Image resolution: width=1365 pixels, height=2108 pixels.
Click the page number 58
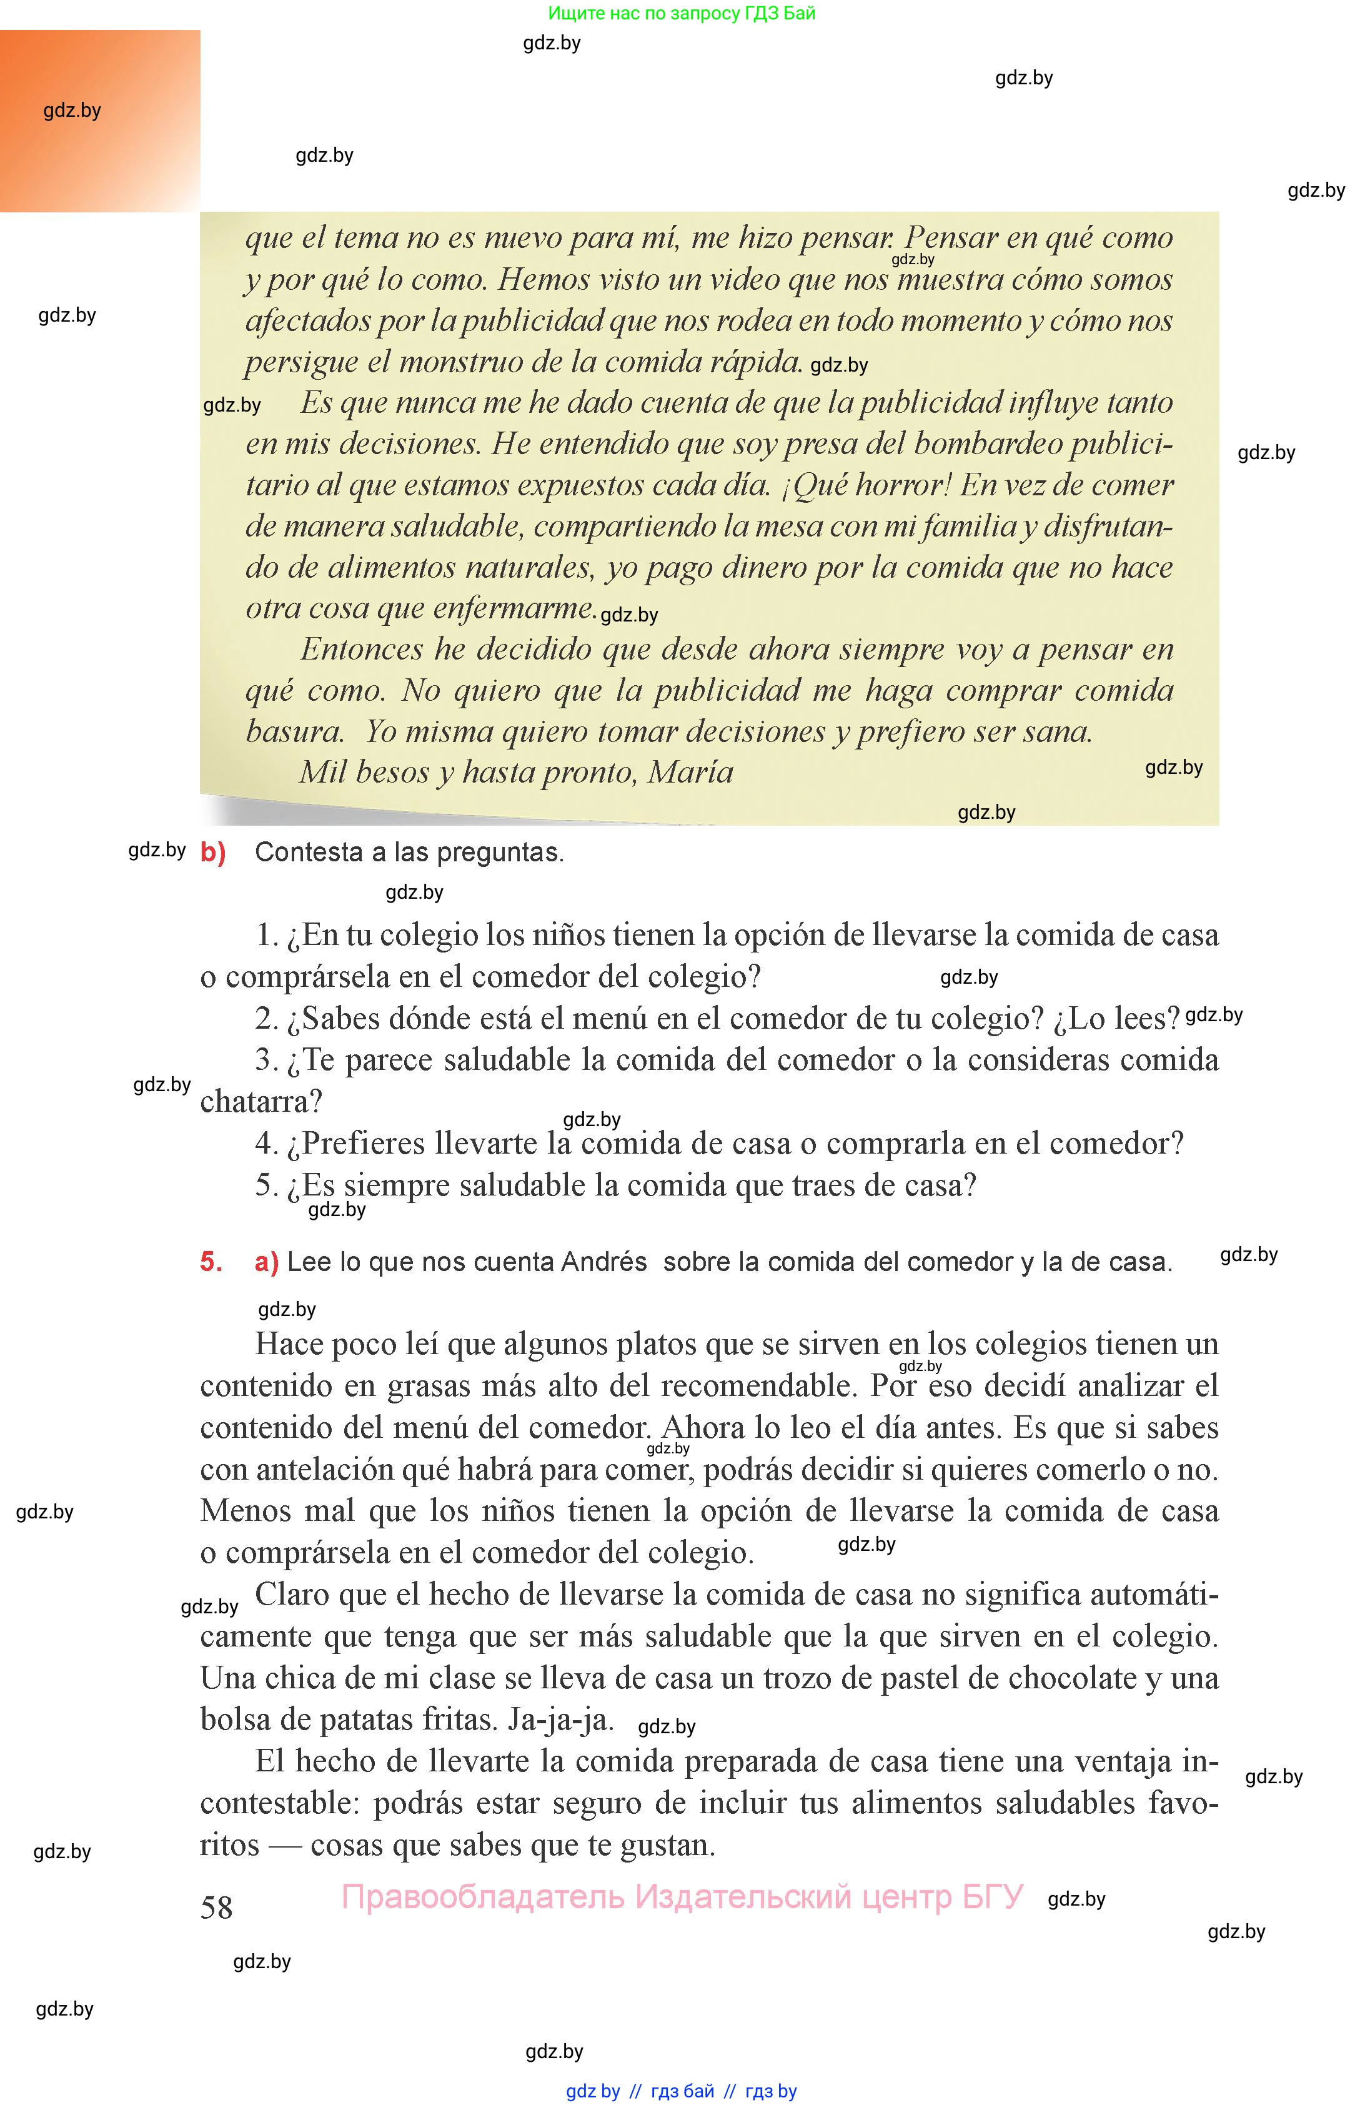click(216, 1906)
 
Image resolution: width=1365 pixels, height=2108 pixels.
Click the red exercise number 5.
click(211, 1261)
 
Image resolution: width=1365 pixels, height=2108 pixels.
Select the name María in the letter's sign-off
click(691, 773)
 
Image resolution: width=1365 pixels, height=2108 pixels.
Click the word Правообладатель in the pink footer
click(483, 1896)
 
